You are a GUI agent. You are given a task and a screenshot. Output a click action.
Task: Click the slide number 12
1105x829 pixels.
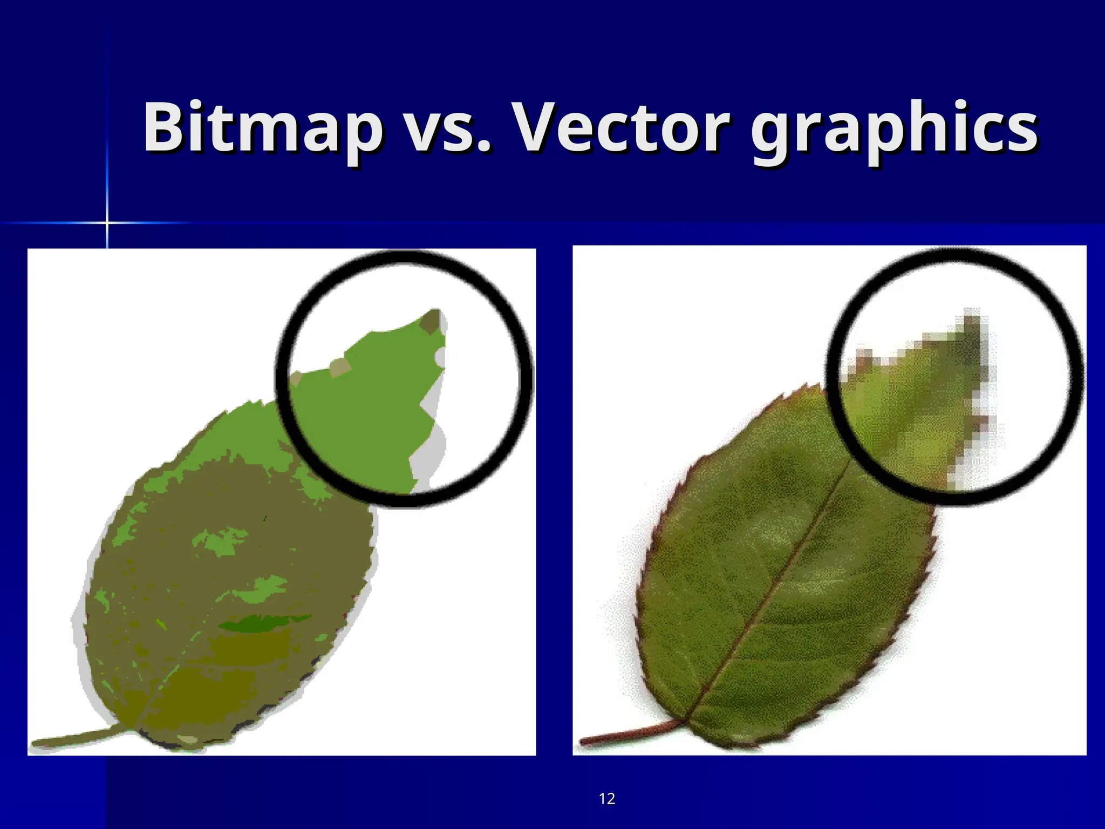[x=607, y=798]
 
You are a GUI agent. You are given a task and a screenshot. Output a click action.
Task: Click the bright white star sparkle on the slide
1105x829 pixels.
[x=107, y=222]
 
